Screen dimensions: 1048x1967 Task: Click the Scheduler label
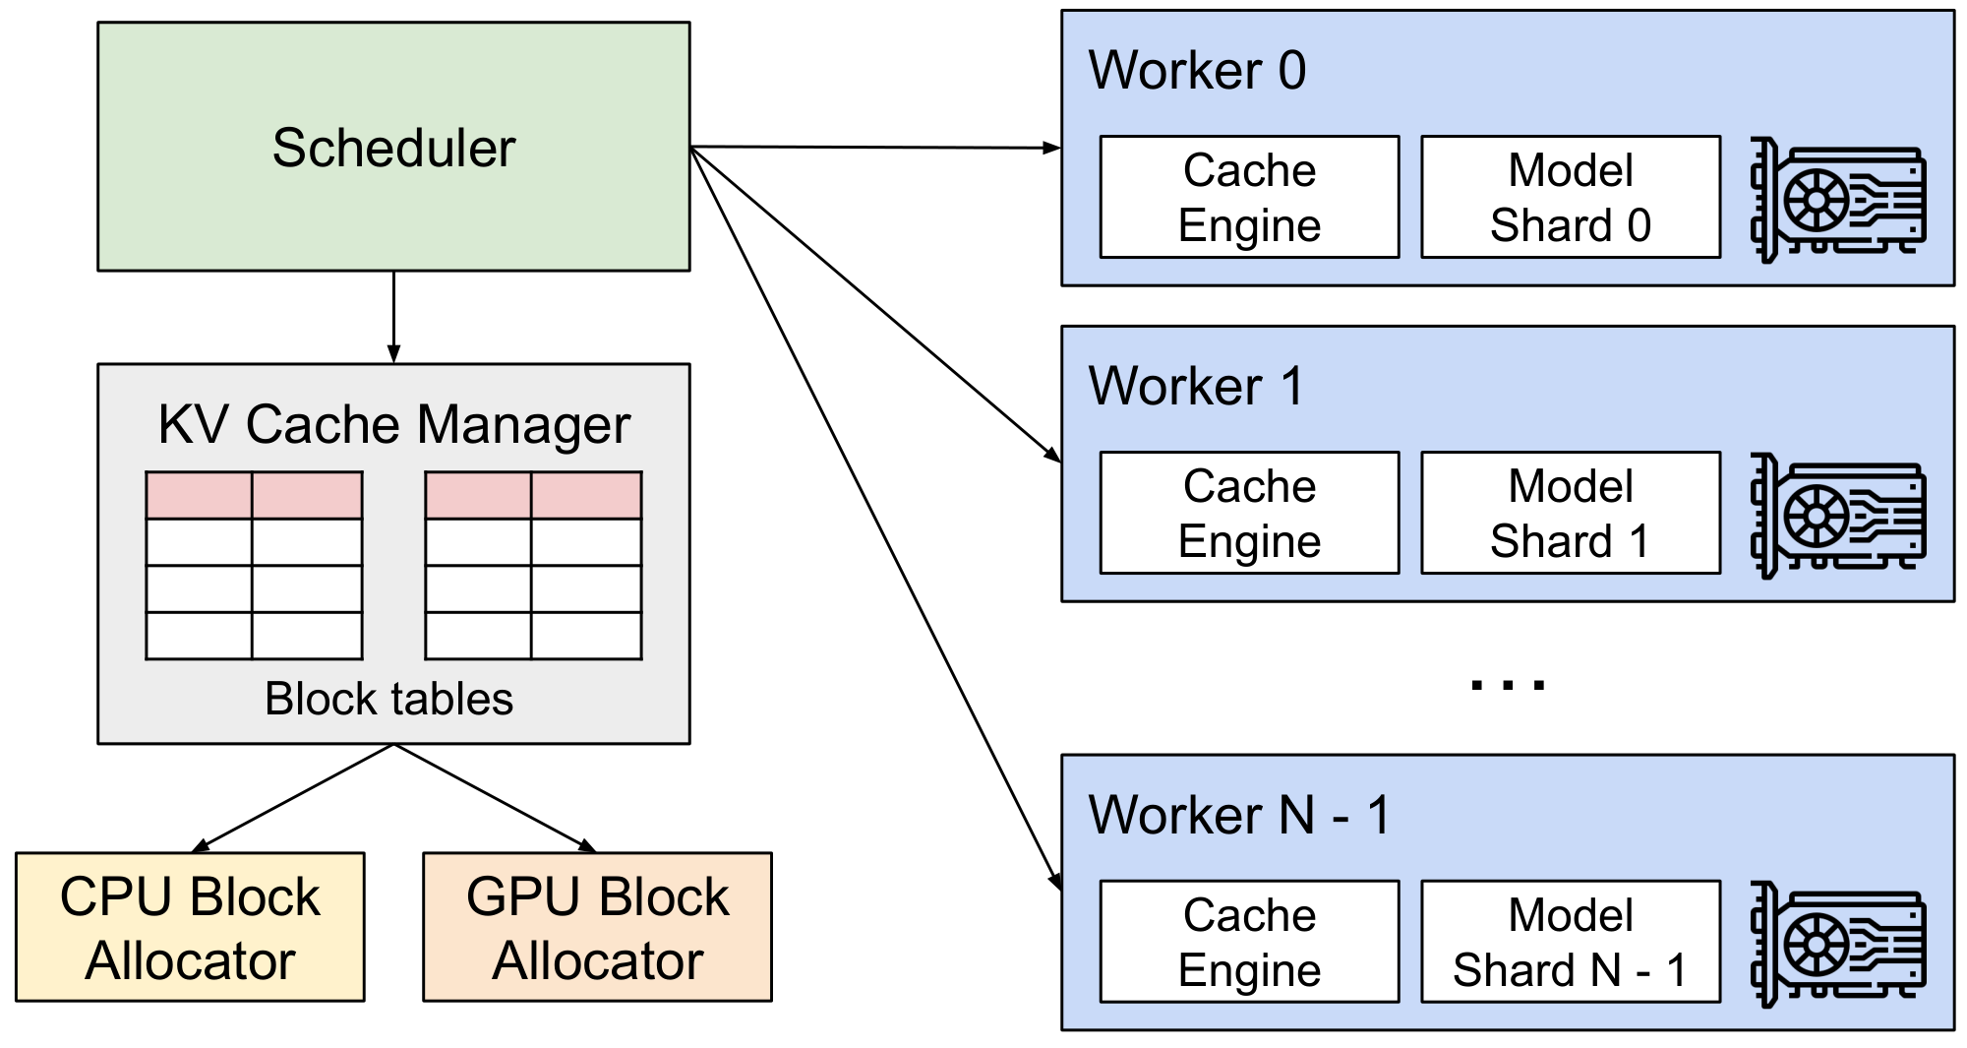[393, 148]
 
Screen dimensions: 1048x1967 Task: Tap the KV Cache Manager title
[393, 425]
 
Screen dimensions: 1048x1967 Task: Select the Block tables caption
[389, 699]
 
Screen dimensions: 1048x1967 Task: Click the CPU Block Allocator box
[190, 927]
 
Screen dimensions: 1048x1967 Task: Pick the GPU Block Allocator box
[597, 927]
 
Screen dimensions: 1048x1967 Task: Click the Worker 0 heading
[1197, 71]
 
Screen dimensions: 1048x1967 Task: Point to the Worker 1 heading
[1196, 386]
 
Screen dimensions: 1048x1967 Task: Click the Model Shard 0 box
[1571, 197]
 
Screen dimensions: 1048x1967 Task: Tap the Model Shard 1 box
[1571, 513]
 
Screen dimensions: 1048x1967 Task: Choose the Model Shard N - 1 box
[1571, 942]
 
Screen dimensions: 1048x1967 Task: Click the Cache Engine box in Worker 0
[1249, 197]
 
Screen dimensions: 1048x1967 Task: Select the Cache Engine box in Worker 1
[1249, 513]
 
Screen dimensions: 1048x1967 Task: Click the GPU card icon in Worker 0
[1837, 200]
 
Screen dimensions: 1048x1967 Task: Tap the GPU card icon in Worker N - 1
[1837, 945]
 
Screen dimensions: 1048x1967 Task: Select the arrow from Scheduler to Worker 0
[875, 148]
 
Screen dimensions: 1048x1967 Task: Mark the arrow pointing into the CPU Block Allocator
[295, 797]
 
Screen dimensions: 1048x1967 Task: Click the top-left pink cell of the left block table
[199, 495]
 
